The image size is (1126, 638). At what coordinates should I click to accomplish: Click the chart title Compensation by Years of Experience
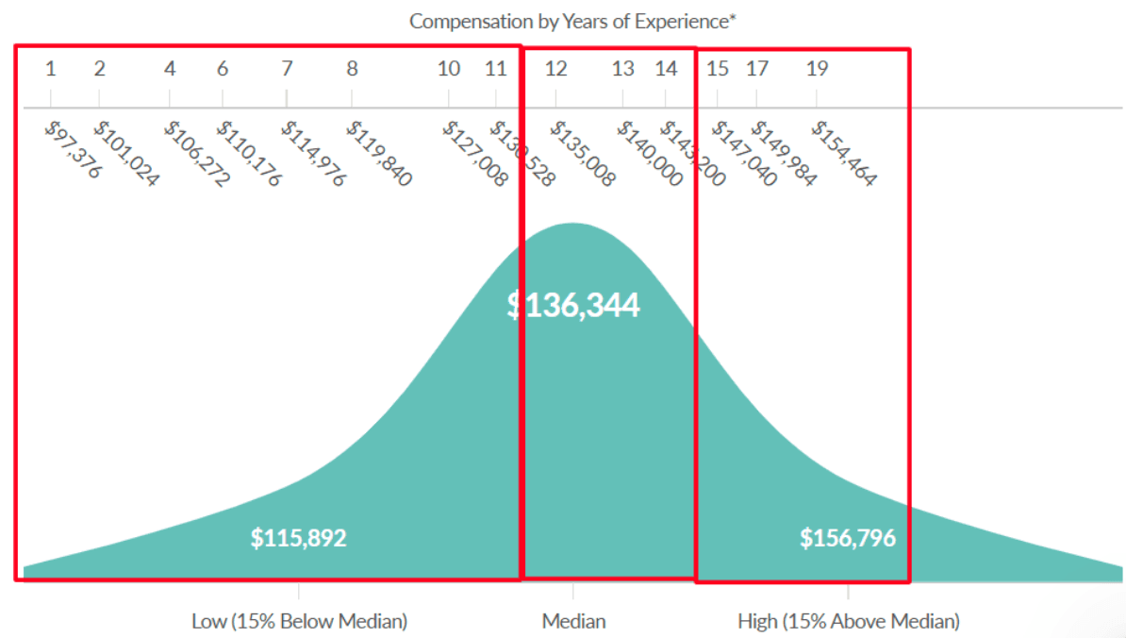coord(572,21)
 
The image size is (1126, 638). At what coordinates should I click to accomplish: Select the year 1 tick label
coord(50,68)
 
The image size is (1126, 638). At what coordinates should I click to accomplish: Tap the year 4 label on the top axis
coord(170,68)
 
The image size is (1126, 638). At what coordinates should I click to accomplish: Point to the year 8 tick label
coord(352,68)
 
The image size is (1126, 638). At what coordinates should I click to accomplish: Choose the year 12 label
coord(556,68)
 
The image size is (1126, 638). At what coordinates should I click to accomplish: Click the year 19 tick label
coord(817,68)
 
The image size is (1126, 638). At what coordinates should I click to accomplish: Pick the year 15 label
coord(718,68)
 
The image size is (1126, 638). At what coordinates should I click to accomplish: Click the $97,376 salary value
coord(72,150)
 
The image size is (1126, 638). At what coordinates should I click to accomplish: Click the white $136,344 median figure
coord(573,305)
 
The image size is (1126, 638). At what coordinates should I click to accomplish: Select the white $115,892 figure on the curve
coord(298,539)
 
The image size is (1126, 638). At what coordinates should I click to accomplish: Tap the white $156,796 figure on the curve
coord(848,539)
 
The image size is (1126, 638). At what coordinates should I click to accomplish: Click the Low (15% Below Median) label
coord(300,621)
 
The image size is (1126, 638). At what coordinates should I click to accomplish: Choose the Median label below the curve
coord(573,621)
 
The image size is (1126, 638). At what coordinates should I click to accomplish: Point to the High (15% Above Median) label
coord(848,621)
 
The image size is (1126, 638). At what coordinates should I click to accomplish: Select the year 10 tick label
coord(449,68)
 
